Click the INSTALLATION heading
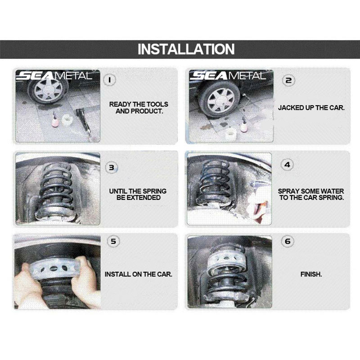click(186, 49)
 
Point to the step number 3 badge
click(112, 167)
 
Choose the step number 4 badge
click(288, 165)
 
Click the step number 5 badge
click(113, 241)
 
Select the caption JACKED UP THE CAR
click(311, 108)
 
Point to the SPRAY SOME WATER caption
click(311, 194)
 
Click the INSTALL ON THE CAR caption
click(139, 274)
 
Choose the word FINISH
click(311, 274)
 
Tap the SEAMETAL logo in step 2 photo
click(228, 76)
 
